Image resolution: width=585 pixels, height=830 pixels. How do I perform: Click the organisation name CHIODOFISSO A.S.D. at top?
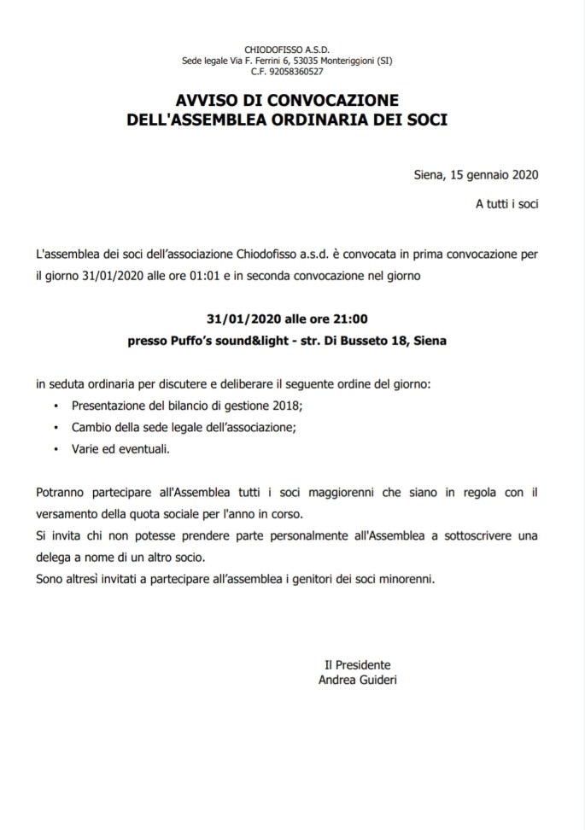[x=292, y=50]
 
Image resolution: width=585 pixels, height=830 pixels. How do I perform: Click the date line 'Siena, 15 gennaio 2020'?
[x=475, y=177]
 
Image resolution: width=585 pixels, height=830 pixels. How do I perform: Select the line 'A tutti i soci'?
[x=507, y=205]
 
